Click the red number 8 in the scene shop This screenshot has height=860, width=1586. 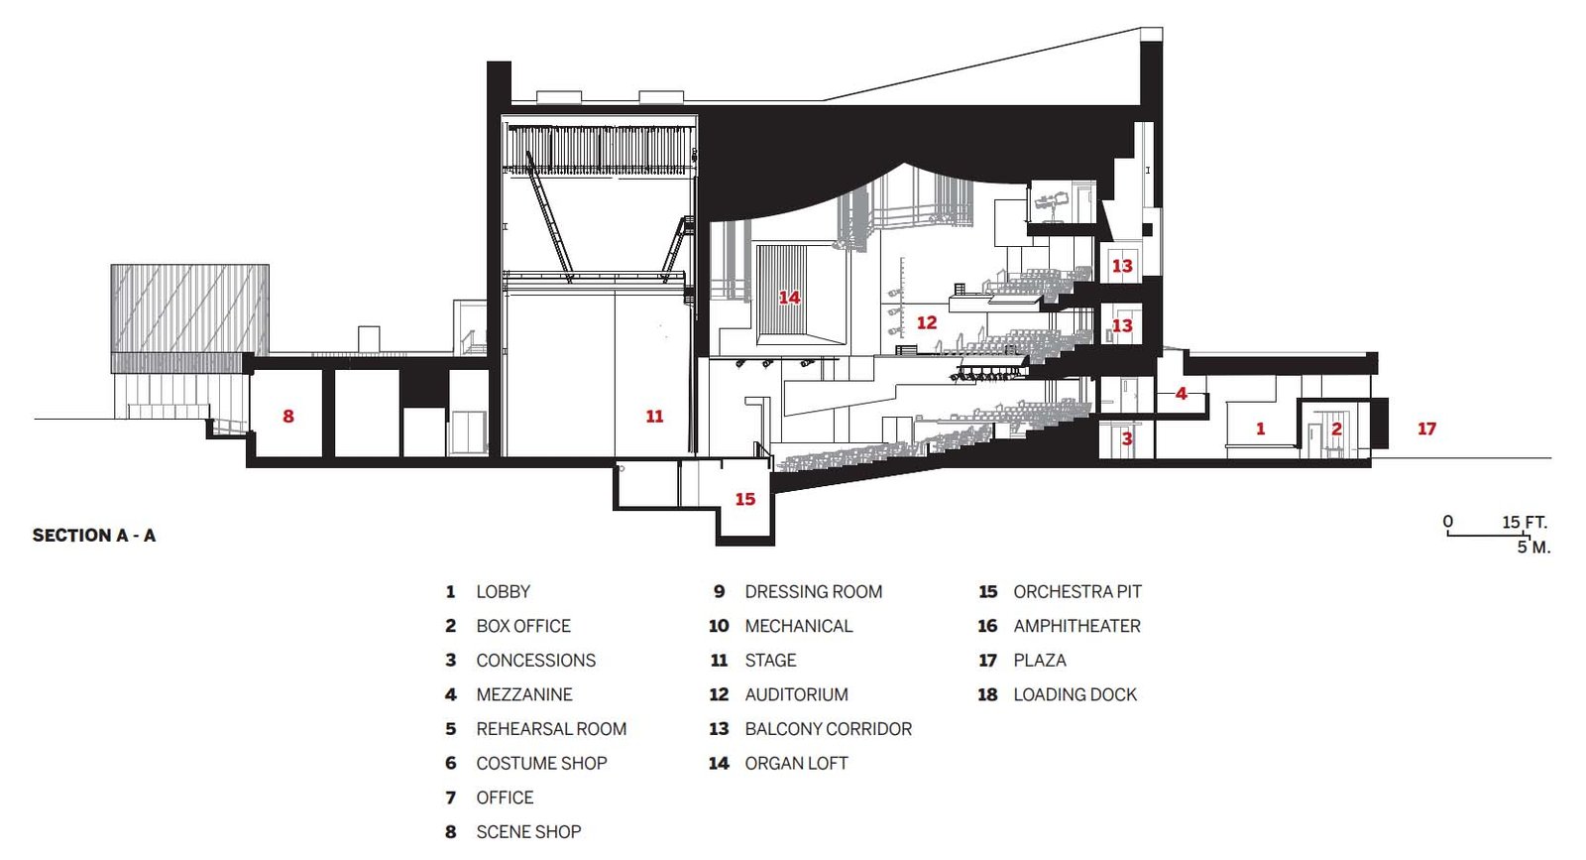pos(288,416)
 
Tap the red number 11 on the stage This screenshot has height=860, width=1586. pos(654,416)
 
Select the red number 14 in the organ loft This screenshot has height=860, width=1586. pos(789,298)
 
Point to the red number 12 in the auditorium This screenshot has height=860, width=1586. pos(927,323)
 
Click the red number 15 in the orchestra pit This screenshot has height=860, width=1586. pos(744,499)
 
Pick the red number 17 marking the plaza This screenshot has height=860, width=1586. pos(1426,429)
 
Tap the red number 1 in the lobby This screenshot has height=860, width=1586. pos(1260,429)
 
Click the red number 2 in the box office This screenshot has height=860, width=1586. pos(1337,429)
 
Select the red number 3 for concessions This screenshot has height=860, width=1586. pos(1127,439)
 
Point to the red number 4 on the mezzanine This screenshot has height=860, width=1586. pos(1181,393)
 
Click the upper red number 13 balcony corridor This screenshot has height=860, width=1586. pos(1122,266)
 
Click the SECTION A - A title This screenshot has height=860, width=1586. pos(94,536)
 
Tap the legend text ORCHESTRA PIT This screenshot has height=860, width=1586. pos(1077,591)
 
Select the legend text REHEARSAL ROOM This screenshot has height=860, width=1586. pos(551,729)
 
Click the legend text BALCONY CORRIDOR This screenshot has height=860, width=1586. pos(829,729)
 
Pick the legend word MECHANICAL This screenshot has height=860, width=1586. pos(799,626)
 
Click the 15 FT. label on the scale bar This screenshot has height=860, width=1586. pos(1525,522)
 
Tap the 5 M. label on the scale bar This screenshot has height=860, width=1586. pos(1533,547)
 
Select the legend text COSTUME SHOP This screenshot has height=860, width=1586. pos(541,763)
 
